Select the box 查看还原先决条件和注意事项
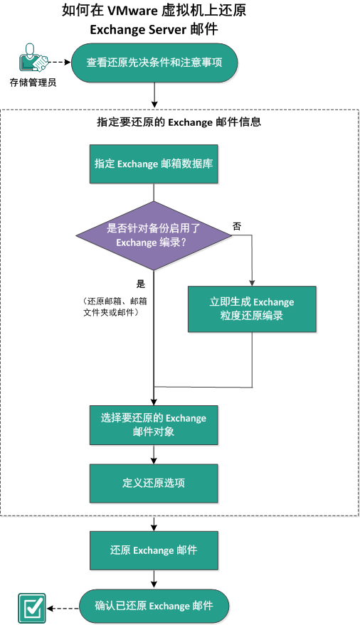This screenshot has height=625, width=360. (x=154, y=63)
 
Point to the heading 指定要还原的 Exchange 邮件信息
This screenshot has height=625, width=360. (x=179, y=122)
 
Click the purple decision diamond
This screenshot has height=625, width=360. (x=154, y=235)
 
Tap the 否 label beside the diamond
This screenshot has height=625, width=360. (x=236, y=225)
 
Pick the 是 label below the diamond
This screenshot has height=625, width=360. (x=141, y=282)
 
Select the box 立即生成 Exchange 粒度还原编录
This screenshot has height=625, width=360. (x=252, y=309)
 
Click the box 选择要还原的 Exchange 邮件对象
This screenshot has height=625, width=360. (x=154, y=424)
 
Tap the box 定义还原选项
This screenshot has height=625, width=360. (x=154, y=483)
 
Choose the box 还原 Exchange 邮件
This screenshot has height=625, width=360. (x=154, y=550)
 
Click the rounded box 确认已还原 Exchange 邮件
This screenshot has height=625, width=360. (x=154, y=606)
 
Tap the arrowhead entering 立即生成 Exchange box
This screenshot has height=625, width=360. (x=252, y=282)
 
